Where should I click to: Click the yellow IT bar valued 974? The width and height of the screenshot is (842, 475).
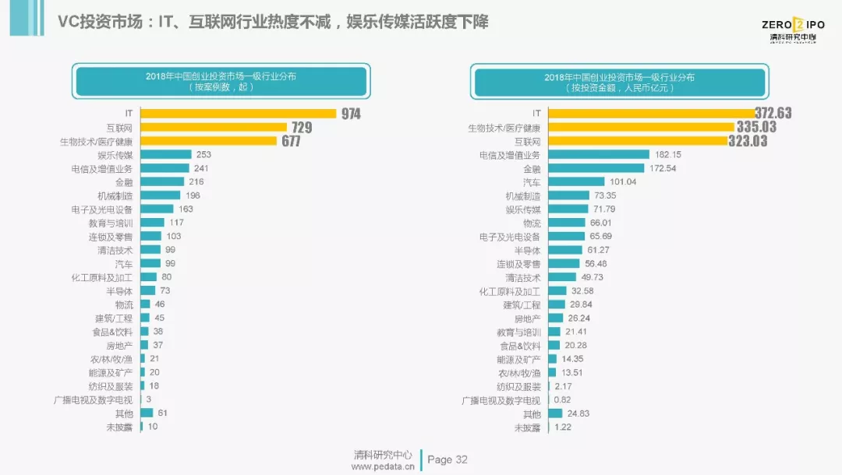[x=238, y=114]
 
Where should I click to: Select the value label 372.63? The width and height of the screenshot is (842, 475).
[x=773, y=114]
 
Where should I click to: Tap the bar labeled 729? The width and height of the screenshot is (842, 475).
[x=214, y=127]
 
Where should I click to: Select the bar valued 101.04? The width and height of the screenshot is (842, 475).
[x=576, y=181]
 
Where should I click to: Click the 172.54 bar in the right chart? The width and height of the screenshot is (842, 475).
[x=596, y=168]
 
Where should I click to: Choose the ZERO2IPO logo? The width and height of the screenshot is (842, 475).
[x=789, y=26]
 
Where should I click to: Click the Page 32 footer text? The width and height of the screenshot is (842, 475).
[x=448, y=459]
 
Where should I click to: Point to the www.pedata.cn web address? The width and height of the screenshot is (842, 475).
[x=383, y=466]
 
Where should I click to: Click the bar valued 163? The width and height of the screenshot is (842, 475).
[x=156, y=209]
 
